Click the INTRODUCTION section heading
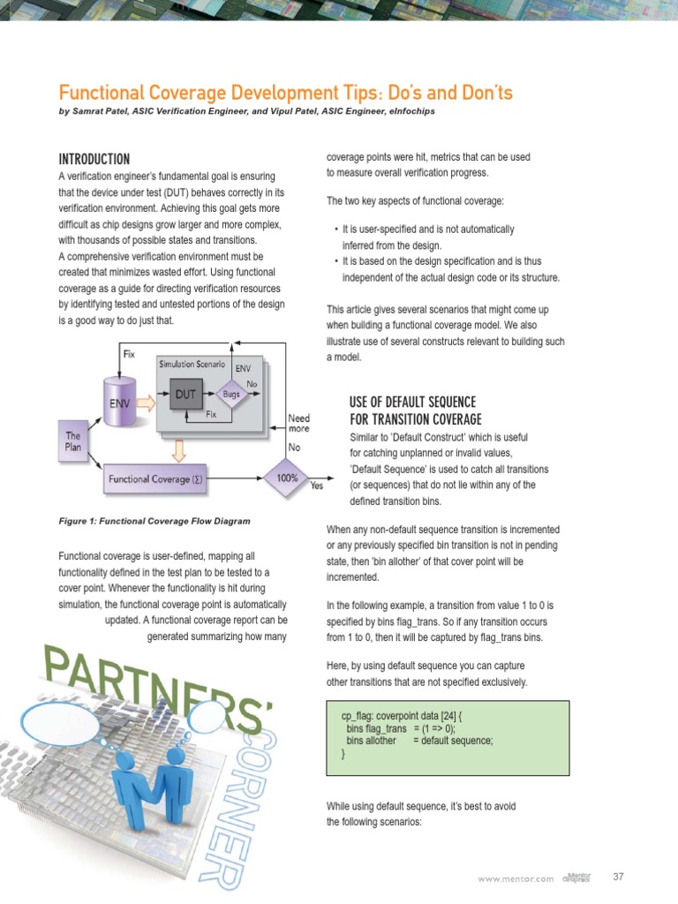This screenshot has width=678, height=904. [x=94, y=160]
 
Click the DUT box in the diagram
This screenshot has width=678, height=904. [x=185, y=395]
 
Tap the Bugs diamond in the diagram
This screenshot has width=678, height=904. [x=231, y=395]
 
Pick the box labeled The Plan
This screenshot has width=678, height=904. [x=74, y=441]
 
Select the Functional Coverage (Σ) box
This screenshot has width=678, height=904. [x=155, y=479]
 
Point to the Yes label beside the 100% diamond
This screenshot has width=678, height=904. [x=318, y=486]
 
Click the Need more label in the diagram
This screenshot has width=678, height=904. [x=300, y=424]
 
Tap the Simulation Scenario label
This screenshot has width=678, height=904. [x=192, y=364]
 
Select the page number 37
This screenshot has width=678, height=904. [x=618, y=878]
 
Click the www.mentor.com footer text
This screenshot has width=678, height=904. [x=516, y=878]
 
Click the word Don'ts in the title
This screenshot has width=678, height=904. [x=482, y=93]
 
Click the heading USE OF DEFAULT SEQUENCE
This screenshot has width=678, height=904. [x=412, y=403]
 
